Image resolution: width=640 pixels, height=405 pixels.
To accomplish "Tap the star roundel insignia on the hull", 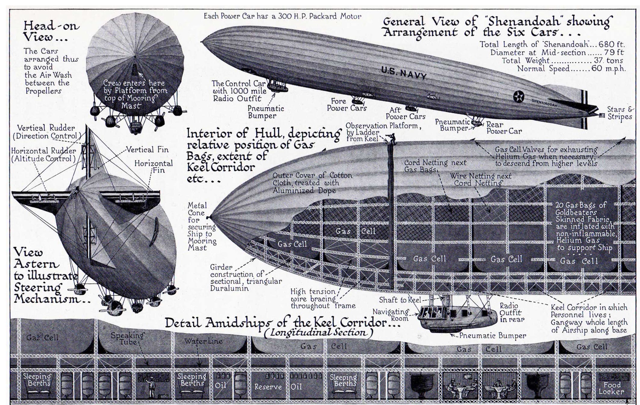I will click(519, 97).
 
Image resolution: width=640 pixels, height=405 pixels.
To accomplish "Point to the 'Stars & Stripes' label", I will click(619, 113).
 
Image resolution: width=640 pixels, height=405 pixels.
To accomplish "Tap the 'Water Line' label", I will click(203, 341).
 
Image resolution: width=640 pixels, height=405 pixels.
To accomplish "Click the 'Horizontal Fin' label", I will click(154, 167).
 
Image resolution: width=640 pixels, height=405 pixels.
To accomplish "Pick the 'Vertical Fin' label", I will click(147, 150).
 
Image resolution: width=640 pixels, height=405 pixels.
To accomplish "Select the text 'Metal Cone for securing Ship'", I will click(201, 226).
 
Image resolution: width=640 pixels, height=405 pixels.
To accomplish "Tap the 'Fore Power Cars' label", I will click(346, 105).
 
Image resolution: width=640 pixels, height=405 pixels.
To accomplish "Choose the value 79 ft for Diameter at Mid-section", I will click(616, 52).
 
